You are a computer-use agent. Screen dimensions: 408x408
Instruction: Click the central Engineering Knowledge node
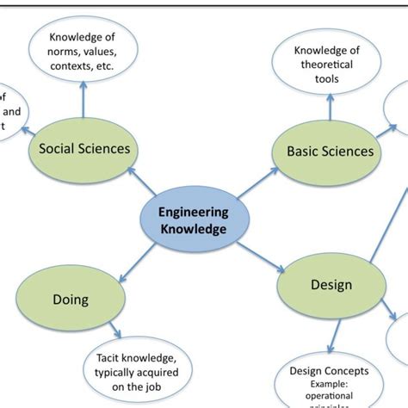tap(193, 220)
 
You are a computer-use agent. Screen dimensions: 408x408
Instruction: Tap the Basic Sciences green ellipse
tap(330, 151)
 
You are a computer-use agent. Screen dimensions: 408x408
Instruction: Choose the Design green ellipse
tap(331, 285)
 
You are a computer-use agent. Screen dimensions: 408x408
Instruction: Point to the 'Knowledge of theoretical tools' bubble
tap(327, 65)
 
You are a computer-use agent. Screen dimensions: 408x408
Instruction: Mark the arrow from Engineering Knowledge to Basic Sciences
tap(263, 185)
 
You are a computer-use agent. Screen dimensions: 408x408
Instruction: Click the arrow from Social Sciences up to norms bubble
tap(83, 103)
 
